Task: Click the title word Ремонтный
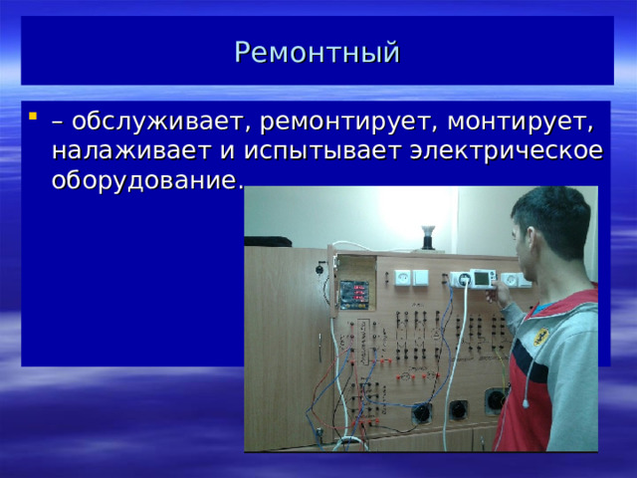coord(318,51)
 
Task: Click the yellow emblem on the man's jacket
coord(540,336)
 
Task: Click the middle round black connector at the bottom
coord(459,407)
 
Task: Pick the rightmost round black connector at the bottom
coord(495,400)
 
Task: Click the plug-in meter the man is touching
coord(483,280)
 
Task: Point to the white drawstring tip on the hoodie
coord(526,403)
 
